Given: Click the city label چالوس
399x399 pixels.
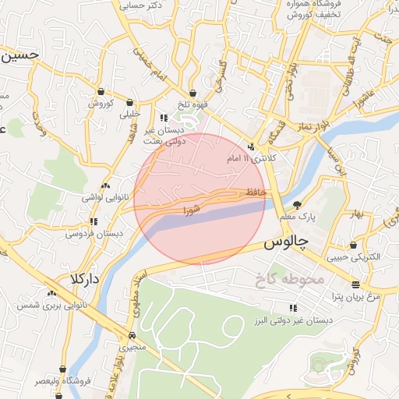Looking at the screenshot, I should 286,242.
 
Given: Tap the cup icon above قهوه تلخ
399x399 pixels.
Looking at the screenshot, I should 192,94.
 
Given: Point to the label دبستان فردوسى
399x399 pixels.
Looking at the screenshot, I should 93,233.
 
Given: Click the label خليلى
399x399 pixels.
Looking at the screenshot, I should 128,114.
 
